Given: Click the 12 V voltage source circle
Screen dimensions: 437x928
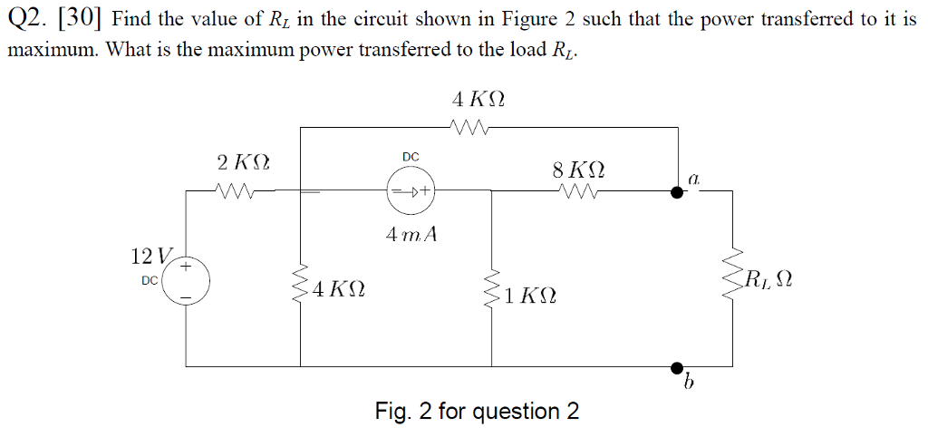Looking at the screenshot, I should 187,281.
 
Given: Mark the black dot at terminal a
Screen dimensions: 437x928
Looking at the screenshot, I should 676,192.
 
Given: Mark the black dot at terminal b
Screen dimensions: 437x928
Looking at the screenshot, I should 676,367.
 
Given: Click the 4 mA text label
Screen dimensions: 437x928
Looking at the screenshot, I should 411,234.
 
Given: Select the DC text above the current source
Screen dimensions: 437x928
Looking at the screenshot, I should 411,157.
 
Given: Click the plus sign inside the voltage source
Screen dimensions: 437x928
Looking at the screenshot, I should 187,267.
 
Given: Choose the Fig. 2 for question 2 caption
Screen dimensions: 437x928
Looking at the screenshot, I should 478,412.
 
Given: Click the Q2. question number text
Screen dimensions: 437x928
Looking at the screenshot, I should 28,19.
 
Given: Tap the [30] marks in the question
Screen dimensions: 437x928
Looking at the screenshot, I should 83,19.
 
